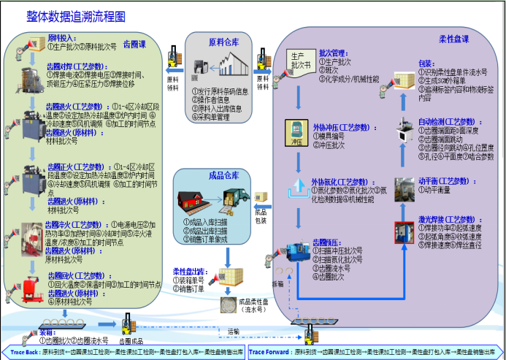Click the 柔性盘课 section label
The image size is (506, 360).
(x=454, y=39)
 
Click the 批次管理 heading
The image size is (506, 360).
(x=334, y=53)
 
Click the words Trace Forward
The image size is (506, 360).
(x=269, y=352)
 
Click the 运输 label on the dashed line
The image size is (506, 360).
(x=233, y=331)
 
